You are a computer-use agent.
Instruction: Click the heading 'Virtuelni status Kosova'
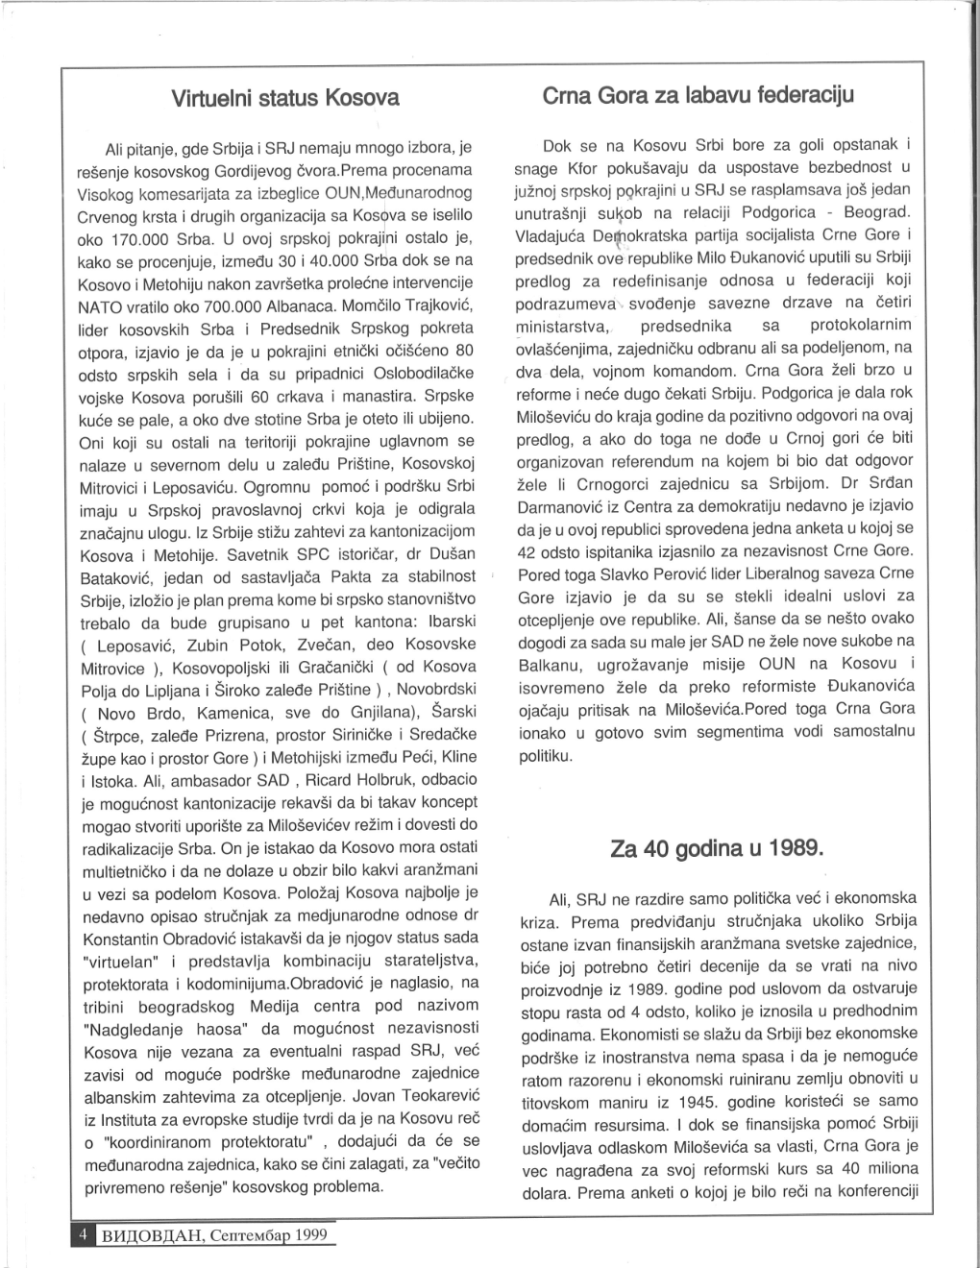click(x=284, y=98)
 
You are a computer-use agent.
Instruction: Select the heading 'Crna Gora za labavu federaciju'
click(x=698, y=96)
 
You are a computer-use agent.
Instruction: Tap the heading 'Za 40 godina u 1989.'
click(x=717, y=849)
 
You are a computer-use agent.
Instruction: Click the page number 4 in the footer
click(x=84, y=1232)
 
